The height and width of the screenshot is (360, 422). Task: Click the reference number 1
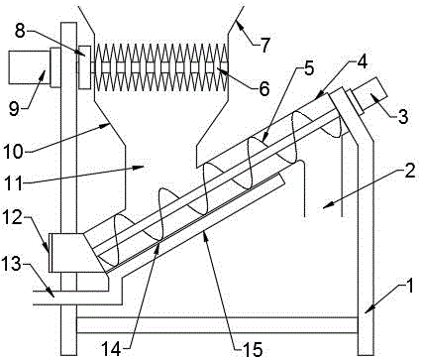point(409,287)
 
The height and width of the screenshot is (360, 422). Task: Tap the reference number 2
point(409,171)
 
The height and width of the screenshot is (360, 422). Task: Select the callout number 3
point(403,117)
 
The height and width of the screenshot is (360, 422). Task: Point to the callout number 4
point(363,61)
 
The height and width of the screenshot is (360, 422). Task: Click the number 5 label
point(308,68)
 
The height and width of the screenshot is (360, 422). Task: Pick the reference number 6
point(264,88)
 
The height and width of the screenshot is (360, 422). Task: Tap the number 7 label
point(264,45)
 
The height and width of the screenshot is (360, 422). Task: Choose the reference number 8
point(20,32)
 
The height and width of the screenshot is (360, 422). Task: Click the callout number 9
point(14,109)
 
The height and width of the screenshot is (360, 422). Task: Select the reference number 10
point(13,152)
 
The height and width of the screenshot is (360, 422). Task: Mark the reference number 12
point(13,217)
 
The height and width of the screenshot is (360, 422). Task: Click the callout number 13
point(13,264)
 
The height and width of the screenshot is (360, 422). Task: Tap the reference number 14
point(111,348)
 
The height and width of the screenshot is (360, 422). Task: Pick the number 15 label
point(253,348)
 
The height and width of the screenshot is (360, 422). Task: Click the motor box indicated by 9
point(29,67)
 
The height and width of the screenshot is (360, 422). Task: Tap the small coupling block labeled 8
point(85,67)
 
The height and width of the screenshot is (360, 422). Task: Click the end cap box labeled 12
point(66,253)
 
